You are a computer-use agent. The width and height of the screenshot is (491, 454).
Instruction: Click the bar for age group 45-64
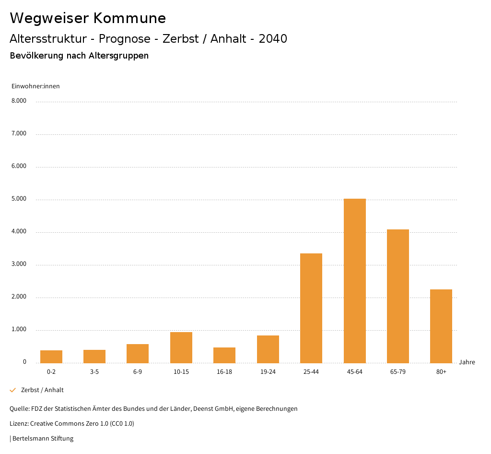354,281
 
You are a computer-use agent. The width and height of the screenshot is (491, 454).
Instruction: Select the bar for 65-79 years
398,296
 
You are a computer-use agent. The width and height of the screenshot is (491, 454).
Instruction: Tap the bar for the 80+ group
441,326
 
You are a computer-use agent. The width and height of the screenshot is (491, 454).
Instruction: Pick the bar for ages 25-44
311,308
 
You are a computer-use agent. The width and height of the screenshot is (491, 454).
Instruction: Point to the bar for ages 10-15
181,347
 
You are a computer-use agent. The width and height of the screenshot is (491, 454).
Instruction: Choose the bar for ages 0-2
51,357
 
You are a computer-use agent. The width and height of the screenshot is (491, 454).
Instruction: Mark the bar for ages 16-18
224,355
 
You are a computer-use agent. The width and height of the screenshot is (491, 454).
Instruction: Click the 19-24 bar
268,349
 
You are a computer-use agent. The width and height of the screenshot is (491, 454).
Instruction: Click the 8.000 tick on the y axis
19,101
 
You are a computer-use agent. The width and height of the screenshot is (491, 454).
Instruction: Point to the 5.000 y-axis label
19,199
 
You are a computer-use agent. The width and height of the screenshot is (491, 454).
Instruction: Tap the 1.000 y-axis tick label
19,330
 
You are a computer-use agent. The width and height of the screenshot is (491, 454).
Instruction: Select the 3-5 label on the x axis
94,372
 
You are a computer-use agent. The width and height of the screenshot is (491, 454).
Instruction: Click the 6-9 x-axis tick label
138,372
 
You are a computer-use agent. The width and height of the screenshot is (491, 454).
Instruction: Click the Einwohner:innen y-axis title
35,86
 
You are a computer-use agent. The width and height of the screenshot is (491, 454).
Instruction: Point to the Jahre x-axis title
467,362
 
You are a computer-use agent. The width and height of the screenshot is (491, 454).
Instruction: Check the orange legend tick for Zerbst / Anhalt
13,390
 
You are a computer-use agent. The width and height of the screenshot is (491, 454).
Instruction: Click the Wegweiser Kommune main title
88,18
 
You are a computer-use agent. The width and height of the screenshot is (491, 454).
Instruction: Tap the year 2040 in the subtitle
273,39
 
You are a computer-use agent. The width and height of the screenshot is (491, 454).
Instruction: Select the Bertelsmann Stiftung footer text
43,438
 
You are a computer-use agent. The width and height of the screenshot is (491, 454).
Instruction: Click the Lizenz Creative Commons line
72,424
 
